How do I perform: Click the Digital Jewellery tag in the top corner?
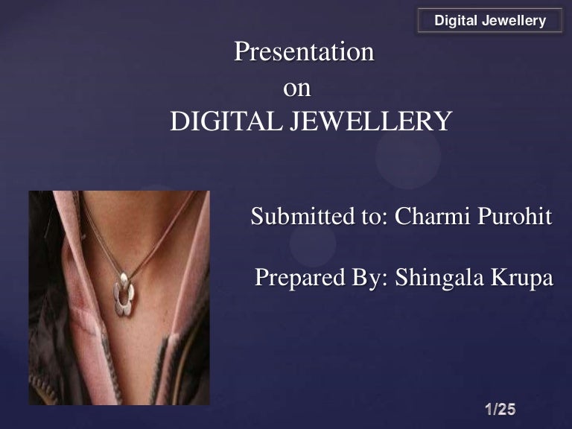click(490, 21)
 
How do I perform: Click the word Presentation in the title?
click(304, 52)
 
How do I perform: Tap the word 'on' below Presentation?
click(296, 88)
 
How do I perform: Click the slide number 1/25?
click(500, 409)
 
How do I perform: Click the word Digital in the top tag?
click(456, 21)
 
